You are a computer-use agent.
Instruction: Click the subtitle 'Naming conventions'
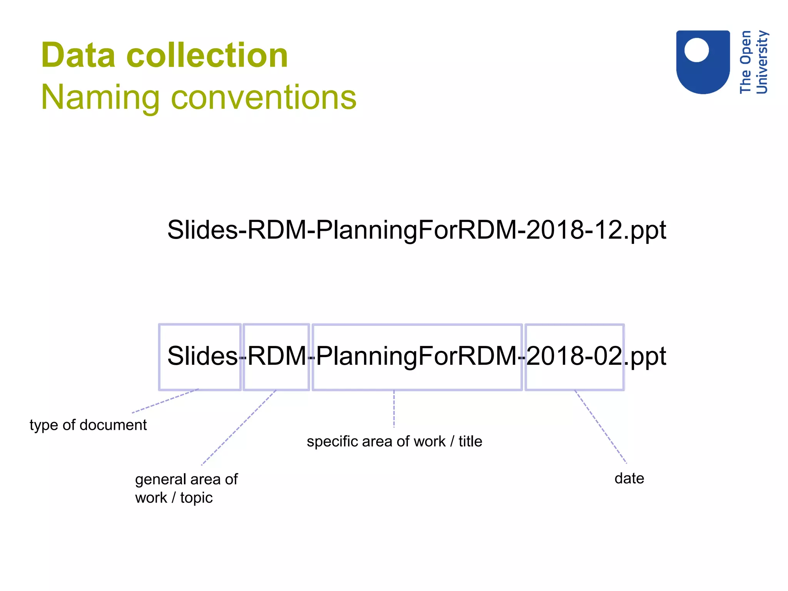click(199, 97)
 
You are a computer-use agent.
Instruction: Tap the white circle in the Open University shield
click(696, 50)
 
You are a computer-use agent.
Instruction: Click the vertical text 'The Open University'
click(753, 62)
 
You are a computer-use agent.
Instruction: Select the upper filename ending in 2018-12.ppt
click(416, 230)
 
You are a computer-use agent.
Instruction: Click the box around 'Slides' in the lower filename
click(200, 357)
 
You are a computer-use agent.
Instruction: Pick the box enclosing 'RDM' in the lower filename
click(276, 357)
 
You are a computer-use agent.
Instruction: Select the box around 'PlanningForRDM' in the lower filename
click(417, 357)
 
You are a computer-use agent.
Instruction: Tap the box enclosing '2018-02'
click(574, 357)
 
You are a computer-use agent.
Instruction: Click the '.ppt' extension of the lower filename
click(646, 357)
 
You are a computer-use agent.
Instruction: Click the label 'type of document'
click(88, 425)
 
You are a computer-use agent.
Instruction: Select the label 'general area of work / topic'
click(186, 488)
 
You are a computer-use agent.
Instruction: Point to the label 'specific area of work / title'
click(394, 441)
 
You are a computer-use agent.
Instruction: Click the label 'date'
click(629, 478)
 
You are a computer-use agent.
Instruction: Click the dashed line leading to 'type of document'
click(165, 401)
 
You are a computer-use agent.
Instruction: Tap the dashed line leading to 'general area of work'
click(239, 427)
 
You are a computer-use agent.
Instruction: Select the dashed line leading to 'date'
click(601, 427)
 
